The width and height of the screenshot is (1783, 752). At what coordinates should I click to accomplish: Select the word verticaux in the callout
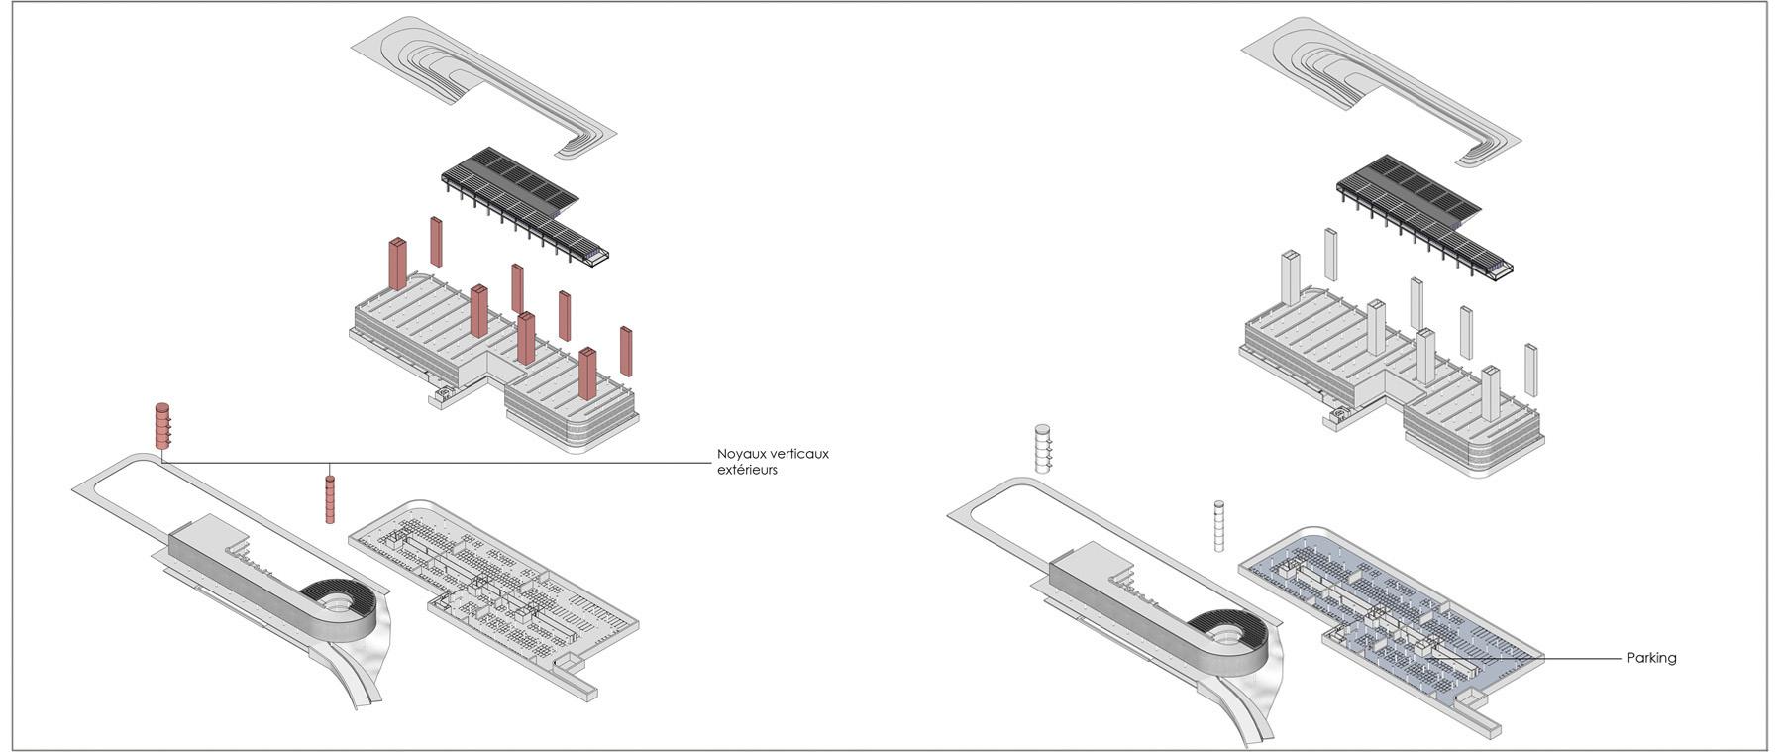797,454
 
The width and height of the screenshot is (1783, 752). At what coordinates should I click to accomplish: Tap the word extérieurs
747,470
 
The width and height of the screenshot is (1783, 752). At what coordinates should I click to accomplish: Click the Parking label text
1651,658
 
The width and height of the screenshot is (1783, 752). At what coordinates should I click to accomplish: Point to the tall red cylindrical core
161,425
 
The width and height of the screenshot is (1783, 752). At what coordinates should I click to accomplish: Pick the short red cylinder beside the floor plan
330,497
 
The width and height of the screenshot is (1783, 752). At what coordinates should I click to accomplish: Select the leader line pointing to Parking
1525,659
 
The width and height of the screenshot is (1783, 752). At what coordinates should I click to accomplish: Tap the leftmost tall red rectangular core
397,264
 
